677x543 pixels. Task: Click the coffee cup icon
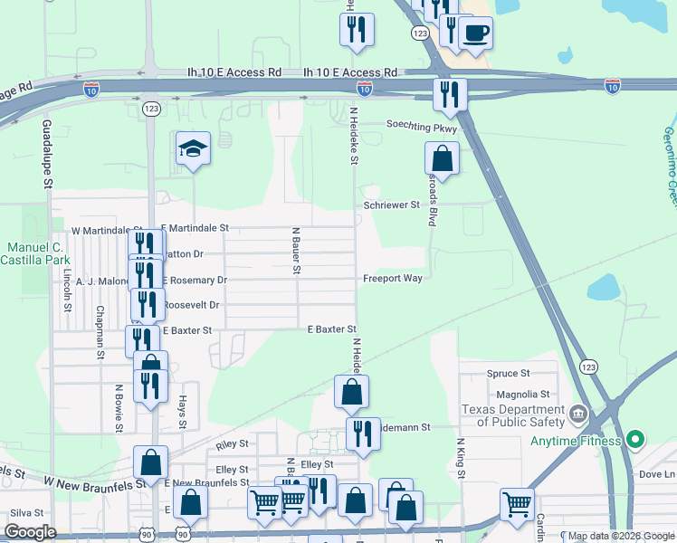coord(475,33)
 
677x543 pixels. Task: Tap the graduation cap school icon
coord(193,148)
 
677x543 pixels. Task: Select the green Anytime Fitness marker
coord(635,441)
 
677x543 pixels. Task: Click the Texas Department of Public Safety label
coord(511,415)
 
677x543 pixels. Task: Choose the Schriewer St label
coord(391,205)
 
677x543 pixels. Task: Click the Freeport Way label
coord(393,279)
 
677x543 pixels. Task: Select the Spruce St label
coord(508,373)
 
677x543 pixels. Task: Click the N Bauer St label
coord(296,249)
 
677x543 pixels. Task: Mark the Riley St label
coord(233,446)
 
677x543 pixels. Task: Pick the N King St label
coord(461,461)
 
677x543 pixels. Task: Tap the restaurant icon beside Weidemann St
coord(363,433)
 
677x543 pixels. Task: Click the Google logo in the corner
coord(31,532)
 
